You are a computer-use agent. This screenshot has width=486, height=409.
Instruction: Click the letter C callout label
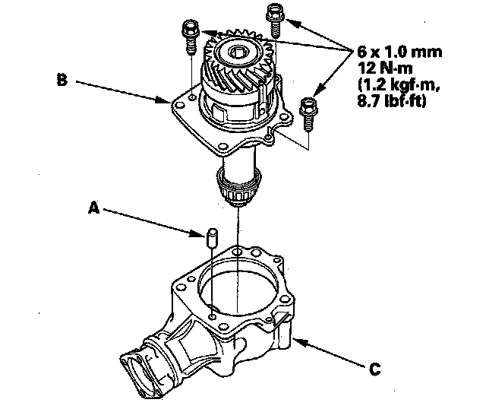(374, 370)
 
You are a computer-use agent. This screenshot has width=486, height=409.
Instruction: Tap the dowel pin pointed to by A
(211, 236)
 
